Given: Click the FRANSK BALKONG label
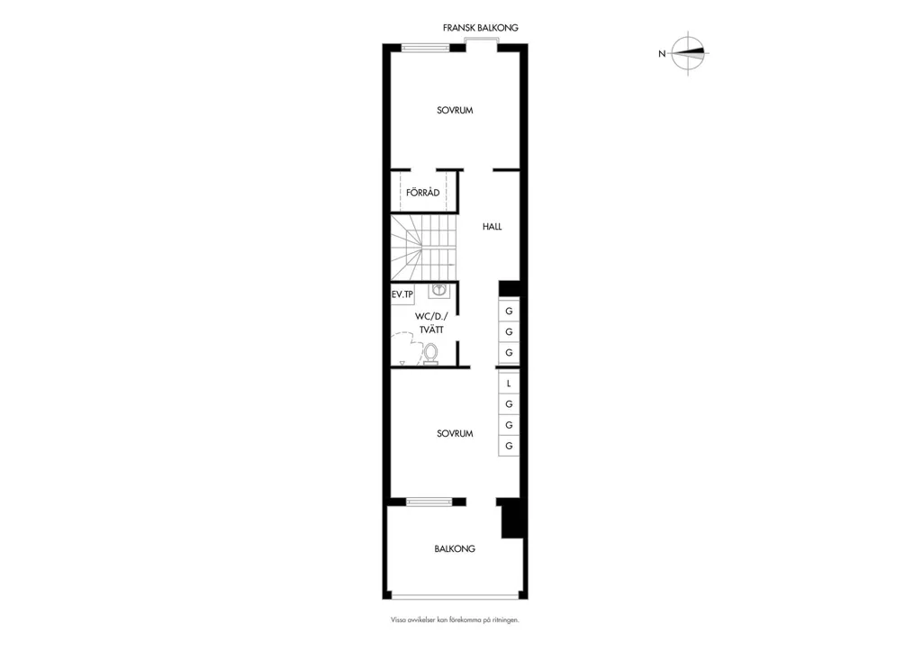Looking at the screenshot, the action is tap(481, 28).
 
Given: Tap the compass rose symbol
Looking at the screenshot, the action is tap(689, 53).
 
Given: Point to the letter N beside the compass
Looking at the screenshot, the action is tap(662, 54).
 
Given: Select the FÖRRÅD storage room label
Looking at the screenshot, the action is tap(423, 193).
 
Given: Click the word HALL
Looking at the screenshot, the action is tap(493, 226).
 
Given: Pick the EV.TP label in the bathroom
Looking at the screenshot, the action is tap(402, 294).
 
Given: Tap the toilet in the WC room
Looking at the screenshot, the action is tap(430, 355).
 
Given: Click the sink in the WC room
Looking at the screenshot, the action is tap(438, 289).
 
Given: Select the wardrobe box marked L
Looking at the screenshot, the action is tap(509, 384).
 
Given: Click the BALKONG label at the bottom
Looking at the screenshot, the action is tap(455, 548).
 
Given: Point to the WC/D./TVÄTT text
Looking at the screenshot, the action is tap(431, 323).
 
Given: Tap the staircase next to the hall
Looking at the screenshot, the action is tap(424, 248).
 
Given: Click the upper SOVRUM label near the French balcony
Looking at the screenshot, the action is tap(455, 110).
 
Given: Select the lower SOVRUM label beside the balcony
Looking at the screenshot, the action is tap(455, 433).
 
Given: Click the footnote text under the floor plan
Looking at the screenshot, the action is tap(455, 619).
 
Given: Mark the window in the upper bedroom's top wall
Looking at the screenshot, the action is tap(426, 49).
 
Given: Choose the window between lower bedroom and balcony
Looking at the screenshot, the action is tap(429, 502).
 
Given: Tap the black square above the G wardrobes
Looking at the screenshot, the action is tap(510, 288).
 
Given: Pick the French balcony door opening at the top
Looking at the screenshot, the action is tap(481, 41).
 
